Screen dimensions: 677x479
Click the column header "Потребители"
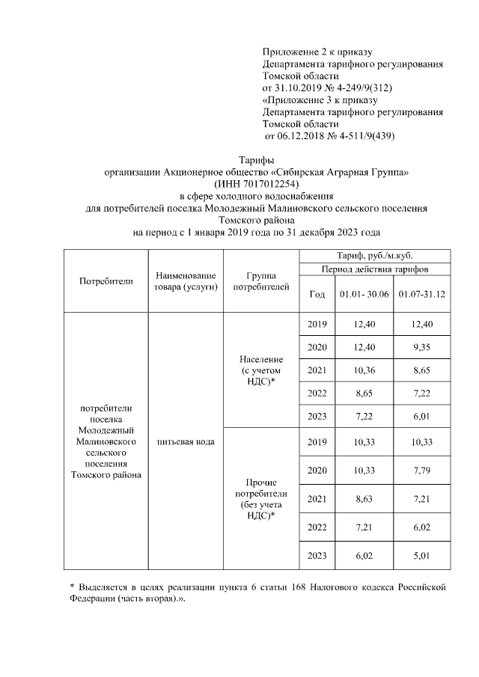[x=106, y=281]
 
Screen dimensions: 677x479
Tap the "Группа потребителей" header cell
[x=260, y=281]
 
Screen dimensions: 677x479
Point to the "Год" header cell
[x=317, y=295]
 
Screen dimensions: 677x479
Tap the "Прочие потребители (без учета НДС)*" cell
[x=260, y=499]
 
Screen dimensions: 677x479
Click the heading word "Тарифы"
[x=256, y=160]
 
